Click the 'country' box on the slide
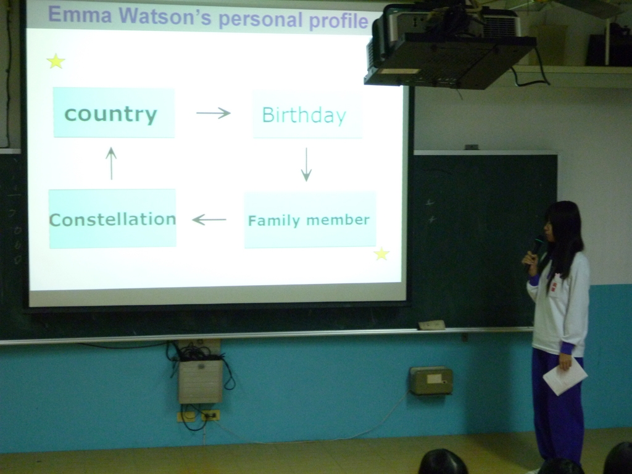pyautogui.click(x=114, y=112)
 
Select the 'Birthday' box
pyautogui.click(x=307, y=114)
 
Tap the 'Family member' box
pyautogui.click(x=310, y=220)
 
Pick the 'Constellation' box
pyautogui.click(x=112, y=218)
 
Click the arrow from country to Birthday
pyautogui.click(x=213, y=113)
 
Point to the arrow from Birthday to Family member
pyautogui.click(x=306, y=164)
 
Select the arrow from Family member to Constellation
pyautogui.click(x=209, y=220)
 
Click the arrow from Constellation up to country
pyautogui.click(x=111, y=163)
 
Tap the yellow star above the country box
pyautogui.click(x=56, y=61)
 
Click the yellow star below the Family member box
pyautogui.click(x=381, y=254)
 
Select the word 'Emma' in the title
pyautogui.click(x=80, y=15)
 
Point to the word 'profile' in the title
pyautogui.click(x=338, y=21)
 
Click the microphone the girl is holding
pyautogui.click(x=535, y=252)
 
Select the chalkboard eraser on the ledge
pyautogui.click(x=431, y=325)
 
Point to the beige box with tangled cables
pyautogui.click(x=201, y=381)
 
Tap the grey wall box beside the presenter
pyautogui.click(x=430, y=380)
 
